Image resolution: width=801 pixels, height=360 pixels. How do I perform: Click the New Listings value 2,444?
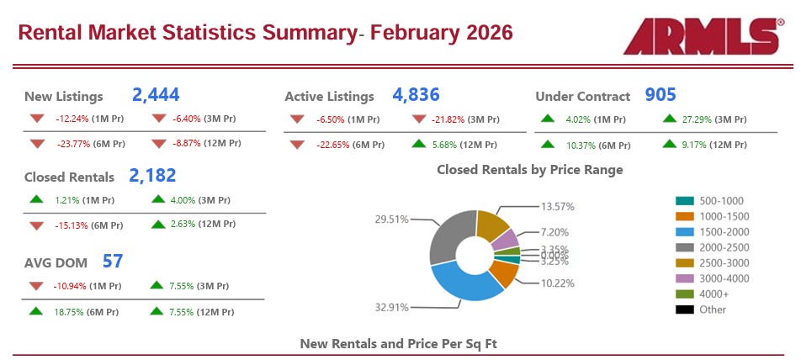pos(156,95)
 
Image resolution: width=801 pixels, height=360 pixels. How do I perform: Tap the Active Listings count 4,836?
pos(416,95)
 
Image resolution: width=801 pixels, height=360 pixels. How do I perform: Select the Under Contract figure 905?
pos(660,95)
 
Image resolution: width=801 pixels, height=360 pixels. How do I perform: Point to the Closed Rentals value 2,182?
pos(152,176)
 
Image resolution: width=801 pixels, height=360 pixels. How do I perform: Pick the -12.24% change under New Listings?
pos(77,119)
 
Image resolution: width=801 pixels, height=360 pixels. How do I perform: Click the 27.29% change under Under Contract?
pos(707,119)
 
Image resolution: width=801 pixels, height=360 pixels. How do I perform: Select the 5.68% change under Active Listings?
pos(454,144)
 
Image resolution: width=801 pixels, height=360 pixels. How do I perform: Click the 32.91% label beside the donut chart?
pos(391,308)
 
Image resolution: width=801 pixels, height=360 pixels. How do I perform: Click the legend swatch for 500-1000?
pos(684,201)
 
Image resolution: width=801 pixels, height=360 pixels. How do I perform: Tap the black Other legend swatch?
pos(684,310)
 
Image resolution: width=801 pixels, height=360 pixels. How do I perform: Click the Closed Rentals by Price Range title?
pos(529,170)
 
